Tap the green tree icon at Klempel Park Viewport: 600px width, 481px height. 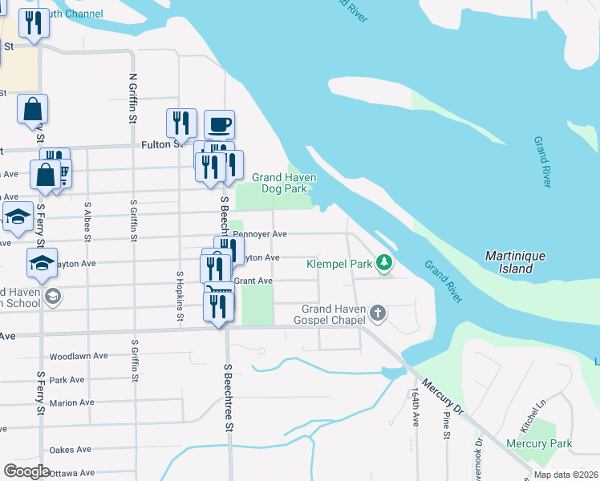(x=385, y=262)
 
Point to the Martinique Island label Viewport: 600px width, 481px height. (x=516, y=262)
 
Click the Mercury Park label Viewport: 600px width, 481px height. (x=539, y=443)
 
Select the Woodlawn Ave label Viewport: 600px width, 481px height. (x=78, y=356)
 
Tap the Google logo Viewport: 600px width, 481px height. (x=26, y=471)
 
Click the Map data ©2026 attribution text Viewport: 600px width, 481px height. (x=566, y=475)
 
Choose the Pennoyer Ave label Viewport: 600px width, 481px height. (x=258, y=234)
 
